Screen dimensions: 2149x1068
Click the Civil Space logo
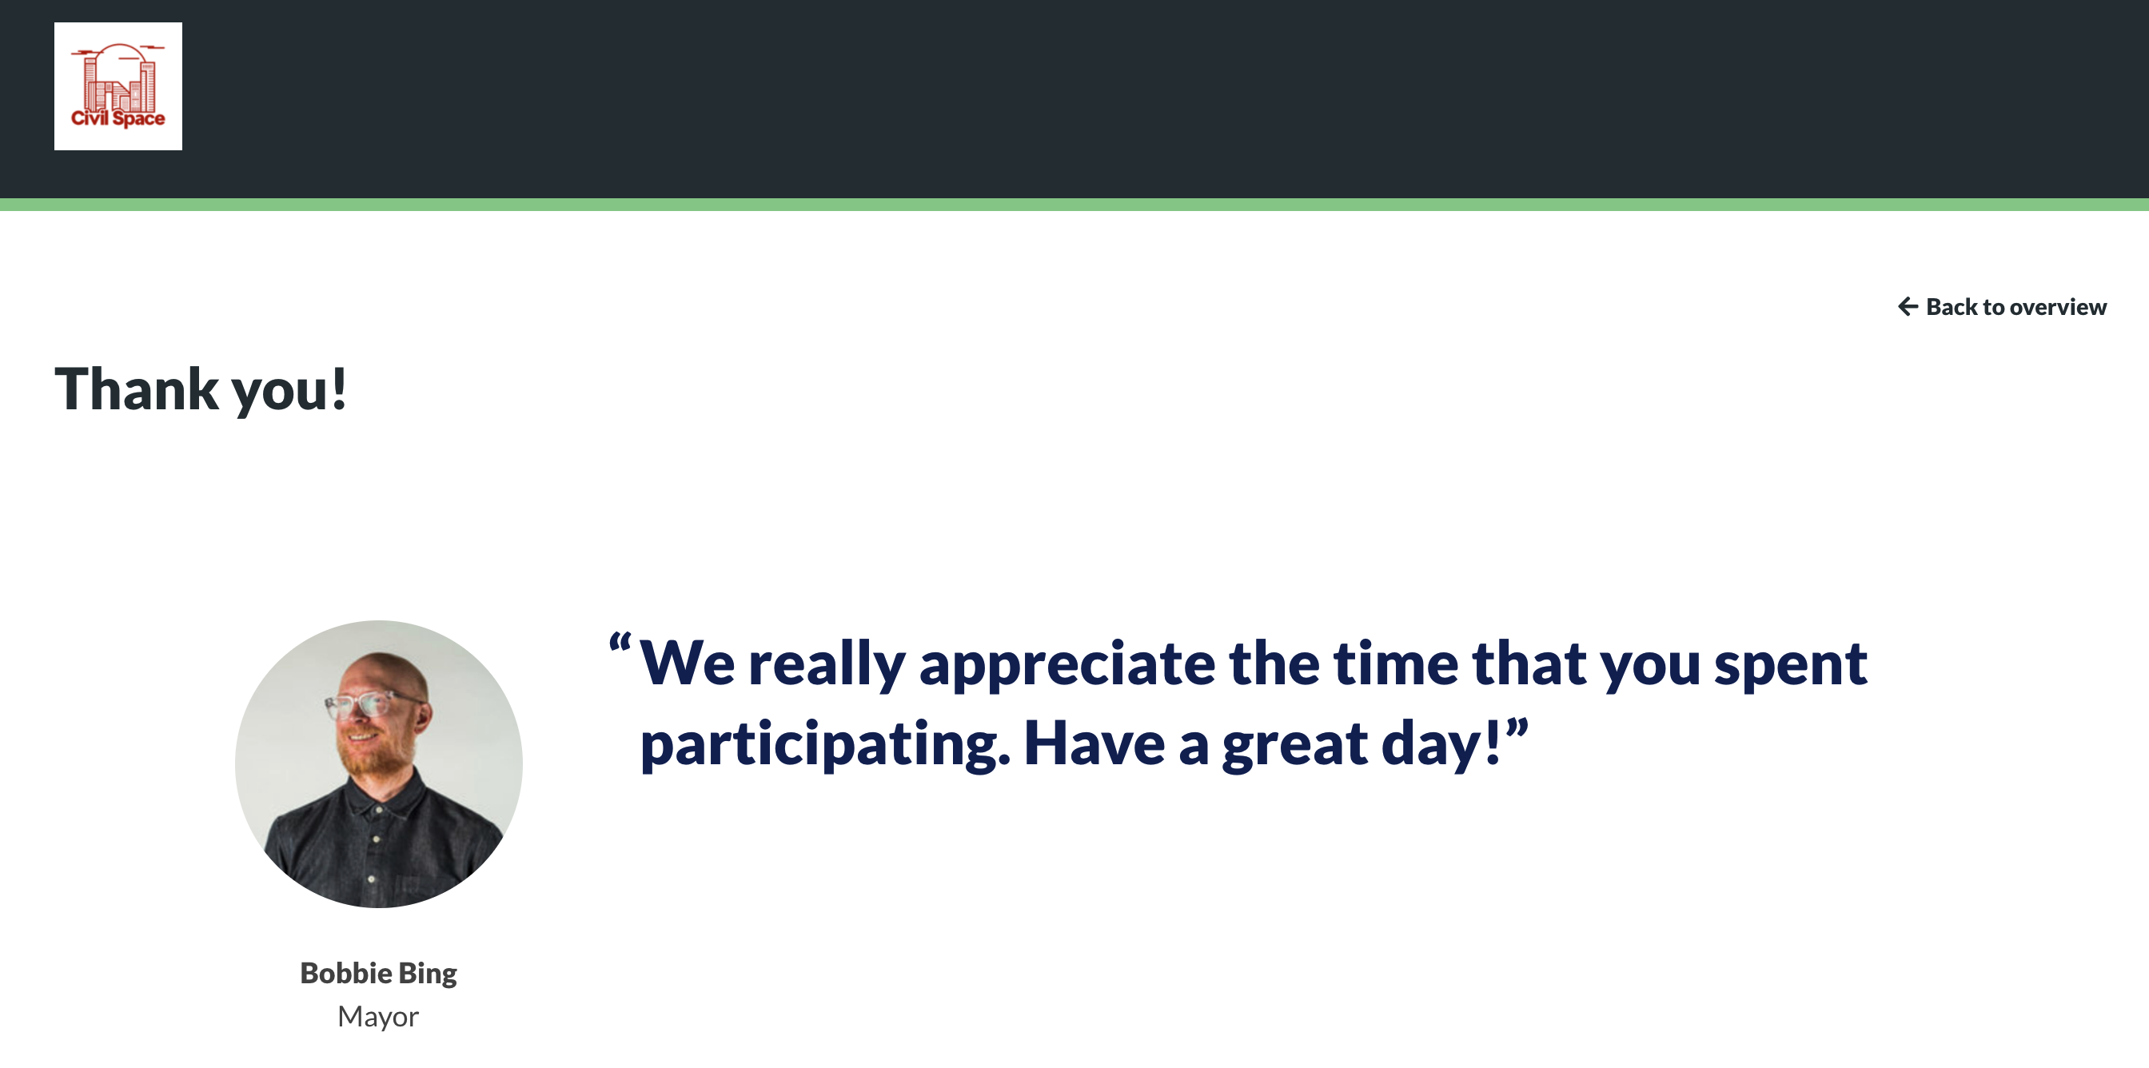click(x=118, y=86)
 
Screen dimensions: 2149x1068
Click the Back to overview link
click(x=2002, y=307)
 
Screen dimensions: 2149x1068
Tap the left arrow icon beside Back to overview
click(x=1908, y=306)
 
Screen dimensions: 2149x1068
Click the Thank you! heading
click(x=200, y=389)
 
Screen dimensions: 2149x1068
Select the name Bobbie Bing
click(x=379, y=973)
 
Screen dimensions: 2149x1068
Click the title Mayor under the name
click(x=378, y=1016)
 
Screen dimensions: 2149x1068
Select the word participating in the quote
click(x=825, y=746)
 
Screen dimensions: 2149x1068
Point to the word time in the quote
click(x=1396, y=664)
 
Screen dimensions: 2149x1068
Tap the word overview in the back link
click(x=2059, y=307)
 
